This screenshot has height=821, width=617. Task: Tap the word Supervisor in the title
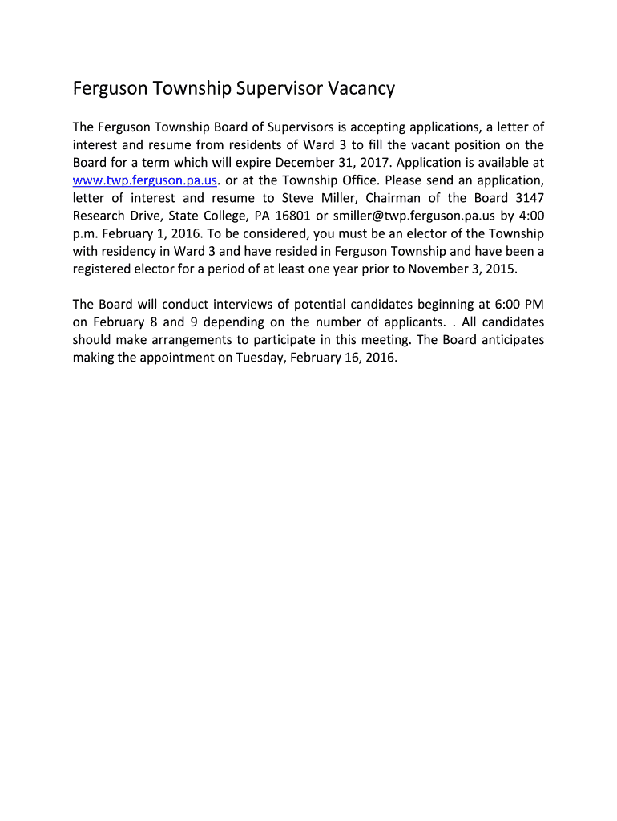(x=279, y=89)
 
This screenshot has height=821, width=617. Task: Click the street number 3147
(x=527, y=197)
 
